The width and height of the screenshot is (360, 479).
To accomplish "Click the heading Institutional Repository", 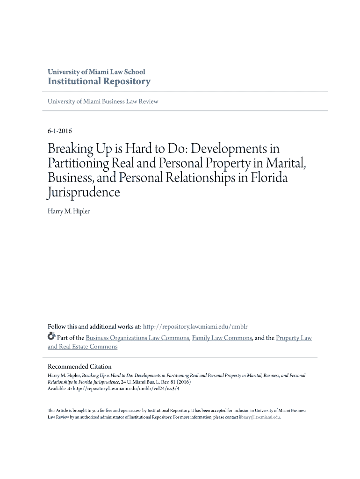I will click(x=99, y=82).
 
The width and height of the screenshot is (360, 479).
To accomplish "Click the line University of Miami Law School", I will click(x=96, y=72).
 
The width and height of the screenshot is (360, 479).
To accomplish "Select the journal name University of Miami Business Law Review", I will click(x=103, y=102).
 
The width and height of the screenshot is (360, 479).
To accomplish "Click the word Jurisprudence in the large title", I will click(x=84, y=193).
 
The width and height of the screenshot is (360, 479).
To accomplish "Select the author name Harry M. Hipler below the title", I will click(x=69, y=211).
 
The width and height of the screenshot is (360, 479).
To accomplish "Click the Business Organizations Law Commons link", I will click(x=138, y=338).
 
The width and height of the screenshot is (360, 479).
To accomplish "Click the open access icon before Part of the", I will click(x=51, y=337).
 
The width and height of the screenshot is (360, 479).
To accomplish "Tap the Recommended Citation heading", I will click(x=79, y=366).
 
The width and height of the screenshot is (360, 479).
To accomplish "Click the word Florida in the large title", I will click(x=266, y=178).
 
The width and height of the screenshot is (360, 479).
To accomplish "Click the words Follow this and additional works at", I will click(x=94, y=327).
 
